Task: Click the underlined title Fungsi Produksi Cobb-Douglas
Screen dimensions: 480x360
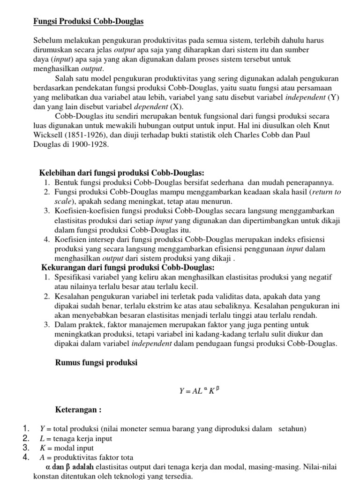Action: (x=88, y=22)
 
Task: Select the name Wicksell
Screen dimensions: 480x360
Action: (x=49, y=135)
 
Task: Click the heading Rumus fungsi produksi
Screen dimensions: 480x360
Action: (x=96, y=362)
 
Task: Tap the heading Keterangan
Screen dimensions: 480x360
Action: (x=78, y=410)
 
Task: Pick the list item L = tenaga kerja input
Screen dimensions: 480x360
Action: (x=76, y=439)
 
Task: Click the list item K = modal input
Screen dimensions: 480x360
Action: (x=67, y=448)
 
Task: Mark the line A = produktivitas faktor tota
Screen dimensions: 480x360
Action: (x=86, y=457)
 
